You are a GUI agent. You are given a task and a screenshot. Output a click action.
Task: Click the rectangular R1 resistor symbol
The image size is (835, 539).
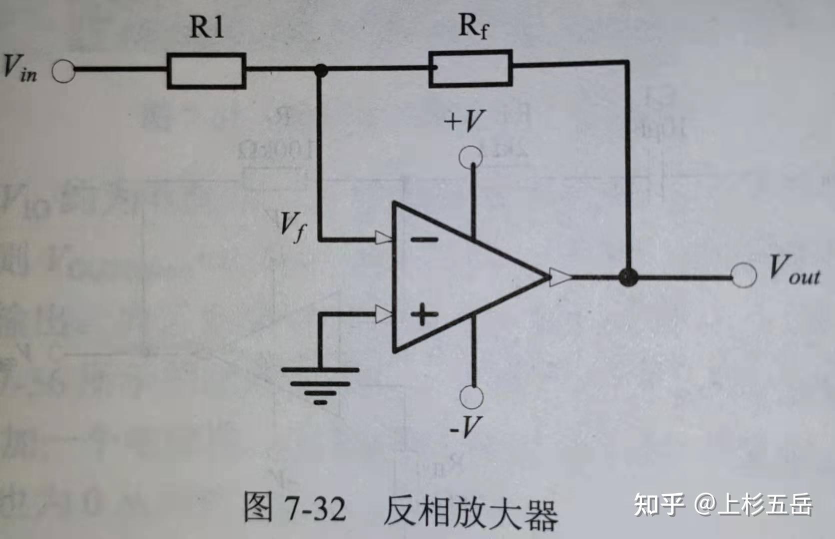tap(206, 71)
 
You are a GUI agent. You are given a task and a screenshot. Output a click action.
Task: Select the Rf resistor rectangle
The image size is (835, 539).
tap(470, 68)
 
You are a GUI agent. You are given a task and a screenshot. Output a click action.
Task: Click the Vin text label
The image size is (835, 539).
tap(20, 67)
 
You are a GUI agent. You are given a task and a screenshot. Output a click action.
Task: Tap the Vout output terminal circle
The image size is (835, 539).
tap(744, 275)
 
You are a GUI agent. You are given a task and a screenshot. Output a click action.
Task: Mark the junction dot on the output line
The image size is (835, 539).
tap(628, 276)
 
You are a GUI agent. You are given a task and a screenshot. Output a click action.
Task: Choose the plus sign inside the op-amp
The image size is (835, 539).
tap(424, 314)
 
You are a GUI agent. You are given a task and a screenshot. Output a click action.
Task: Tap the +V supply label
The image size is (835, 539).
tap(465, 121)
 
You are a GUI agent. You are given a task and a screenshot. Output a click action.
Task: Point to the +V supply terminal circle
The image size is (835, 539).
tap(471, 156)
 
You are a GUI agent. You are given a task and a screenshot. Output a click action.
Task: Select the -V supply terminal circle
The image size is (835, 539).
tap(471, 397)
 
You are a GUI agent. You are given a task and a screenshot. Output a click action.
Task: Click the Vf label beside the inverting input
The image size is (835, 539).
tap(292, 226)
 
